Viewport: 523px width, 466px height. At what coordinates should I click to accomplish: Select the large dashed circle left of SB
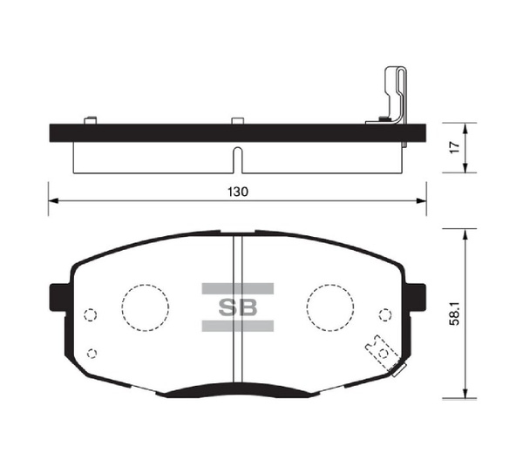[x=144, y=307]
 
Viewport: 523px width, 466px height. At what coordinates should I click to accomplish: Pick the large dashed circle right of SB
[x=329, y=307]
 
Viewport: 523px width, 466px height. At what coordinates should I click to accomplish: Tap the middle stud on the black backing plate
[x=237, y=120]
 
